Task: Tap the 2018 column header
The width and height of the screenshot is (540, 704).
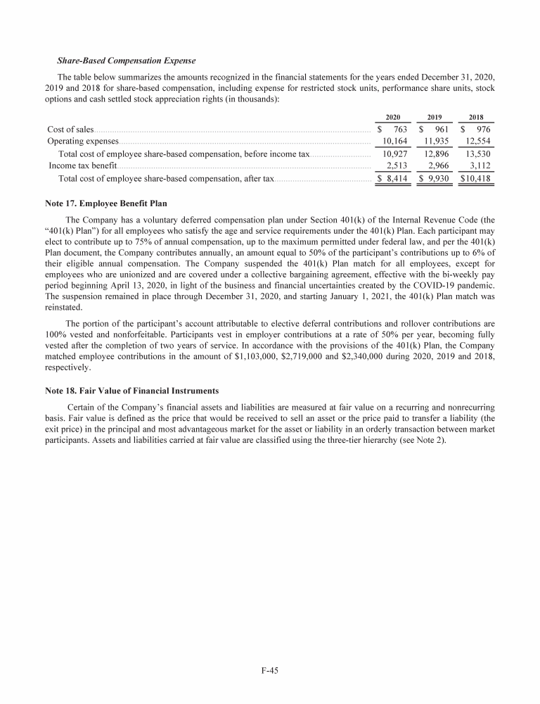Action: coord(476,118)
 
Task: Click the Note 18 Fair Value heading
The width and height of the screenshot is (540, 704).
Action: coord(131,390)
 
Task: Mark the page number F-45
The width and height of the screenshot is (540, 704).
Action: coord(270,671)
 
